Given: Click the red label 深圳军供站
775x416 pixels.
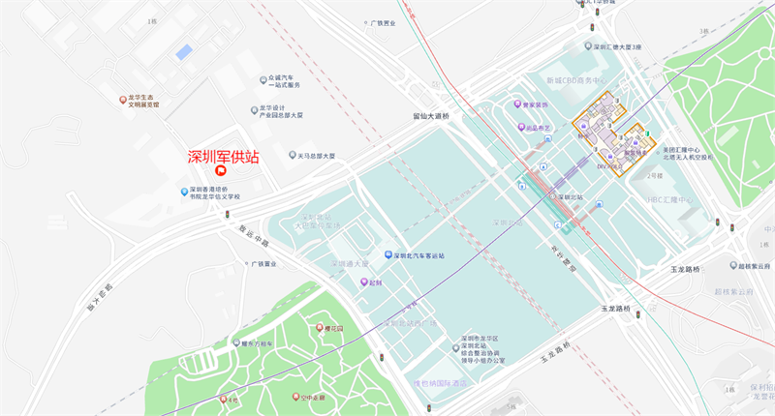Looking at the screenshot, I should point(223,157).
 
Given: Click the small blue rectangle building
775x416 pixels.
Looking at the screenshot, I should point(184,51).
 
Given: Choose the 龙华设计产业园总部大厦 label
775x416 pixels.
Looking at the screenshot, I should point(282,111).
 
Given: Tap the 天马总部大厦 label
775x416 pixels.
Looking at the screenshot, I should point(311,155).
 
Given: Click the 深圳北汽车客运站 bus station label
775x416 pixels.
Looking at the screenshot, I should point(418,255).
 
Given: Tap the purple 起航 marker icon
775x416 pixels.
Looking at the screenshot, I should point(364,282).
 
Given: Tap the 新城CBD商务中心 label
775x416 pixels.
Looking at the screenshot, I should point(575,80).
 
